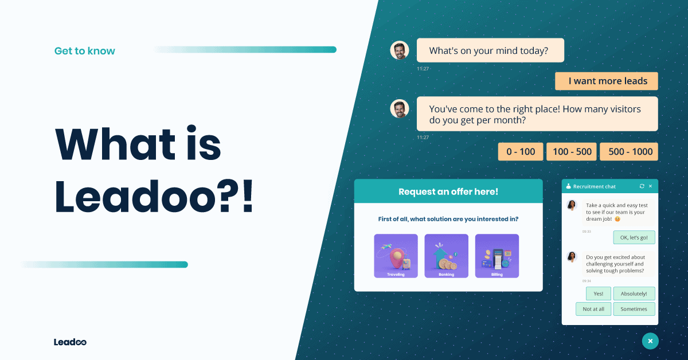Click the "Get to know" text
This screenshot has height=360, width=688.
click(85, 51)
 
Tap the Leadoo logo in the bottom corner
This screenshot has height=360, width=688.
click(70, 342)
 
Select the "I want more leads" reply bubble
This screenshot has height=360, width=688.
click(607, 81)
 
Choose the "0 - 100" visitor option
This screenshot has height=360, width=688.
click(520, 152)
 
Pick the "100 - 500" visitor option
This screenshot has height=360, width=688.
click(571, 152)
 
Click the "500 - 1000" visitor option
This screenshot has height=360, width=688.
click(629, 152)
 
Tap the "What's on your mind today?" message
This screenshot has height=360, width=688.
click(490, 50)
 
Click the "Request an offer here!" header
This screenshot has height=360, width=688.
click(448, 191)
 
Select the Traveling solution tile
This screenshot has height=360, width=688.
click(396, 256)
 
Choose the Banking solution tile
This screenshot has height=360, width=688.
click(446, 256)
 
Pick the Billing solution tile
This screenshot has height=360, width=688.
click(497, 256)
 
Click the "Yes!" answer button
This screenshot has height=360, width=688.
click(598, 294)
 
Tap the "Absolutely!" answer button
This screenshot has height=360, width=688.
click(634, 294)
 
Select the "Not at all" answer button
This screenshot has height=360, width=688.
click(593, 309)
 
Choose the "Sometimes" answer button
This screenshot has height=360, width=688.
click(634, 309)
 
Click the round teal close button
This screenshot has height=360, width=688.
click(650, 341)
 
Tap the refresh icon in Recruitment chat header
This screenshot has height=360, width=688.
click(642, 186)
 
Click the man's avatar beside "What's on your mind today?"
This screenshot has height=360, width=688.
click(400, 50)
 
